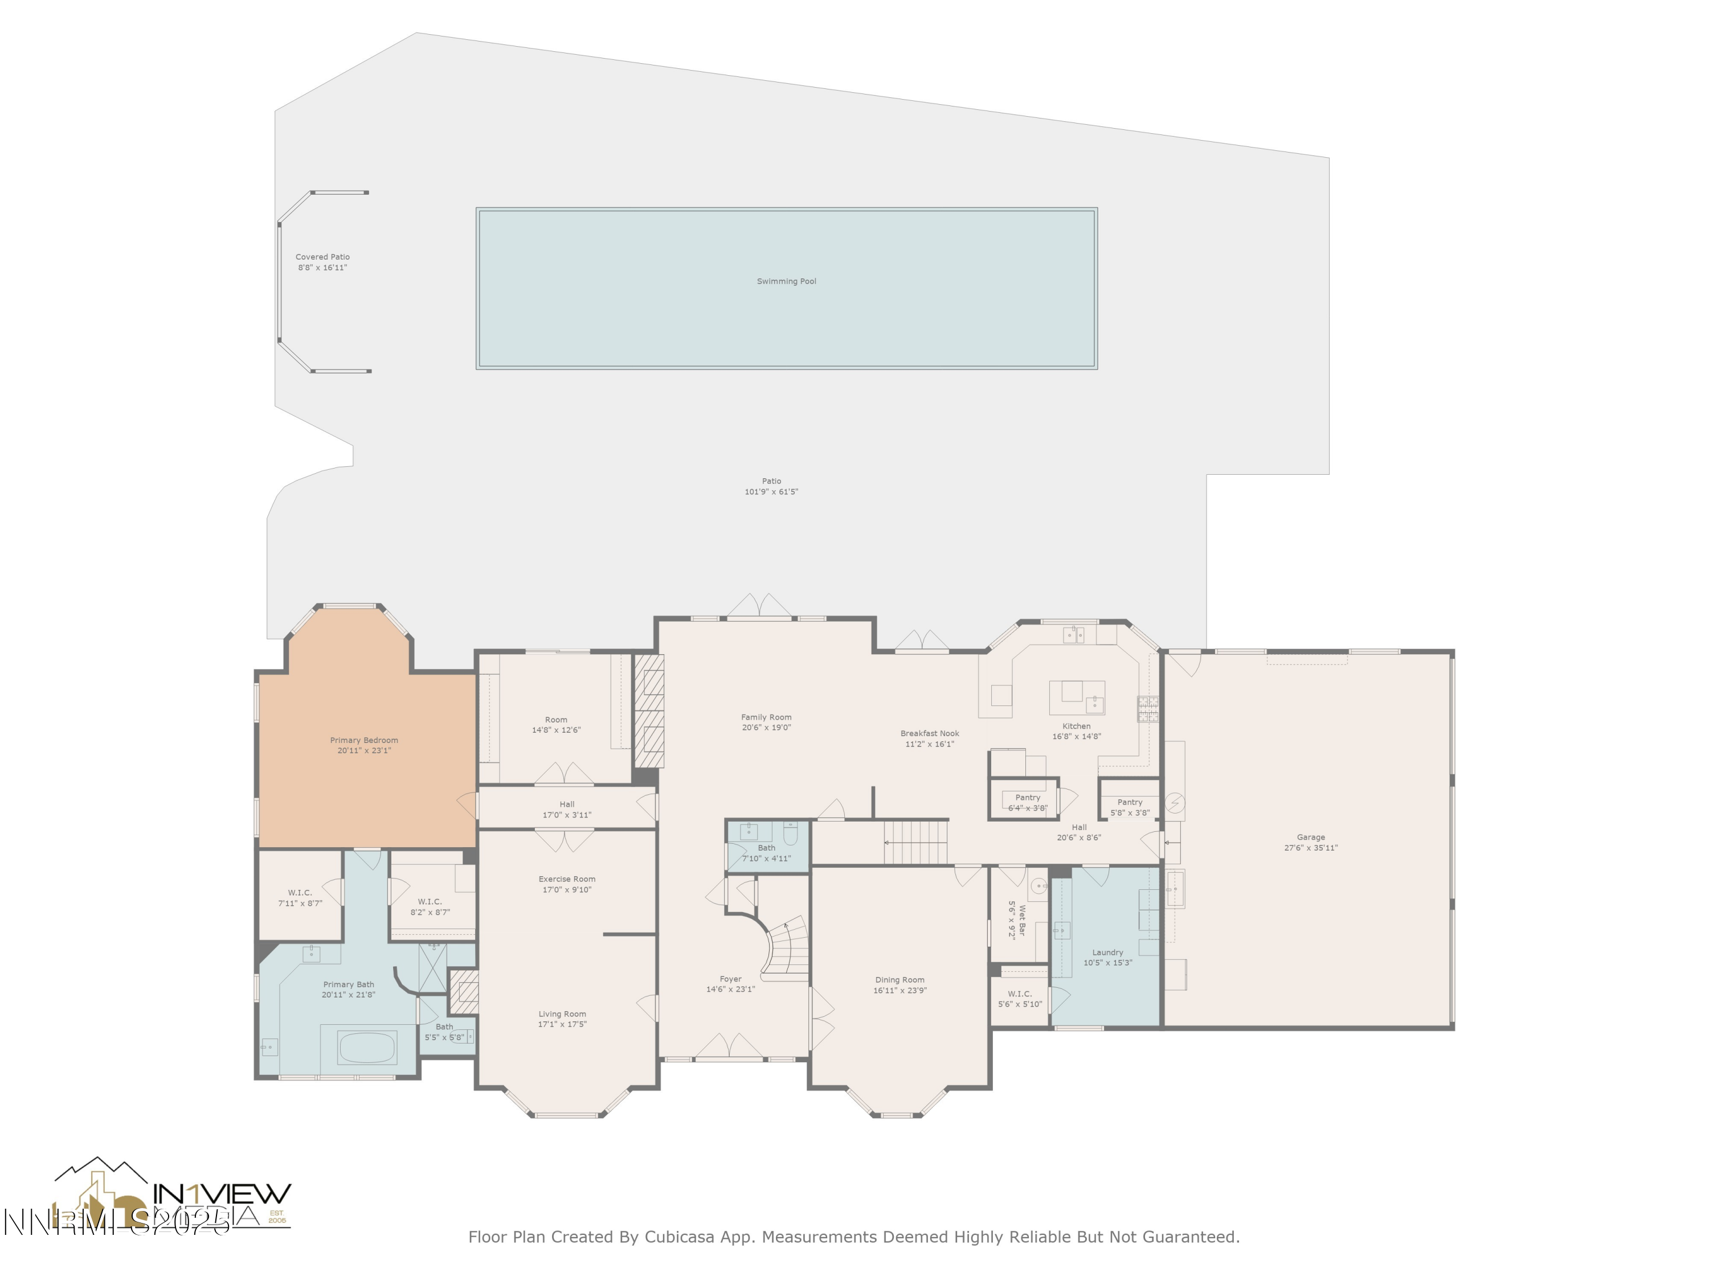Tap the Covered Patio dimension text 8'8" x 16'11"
pyautogui.click(x=322, y=268)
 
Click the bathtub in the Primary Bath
pyautogui.click(x=367, y=1048)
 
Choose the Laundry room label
pyautogui.click(x=1107, y=952)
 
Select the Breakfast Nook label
pyautogui.click(x=930, y=733)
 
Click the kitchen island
pyautogui.click(x=1076, y=697)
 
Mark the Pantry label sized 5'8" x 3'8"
pyautogui.click(x=1130, y=802)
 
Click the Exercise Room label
pyautogui.click(x=566, y=878)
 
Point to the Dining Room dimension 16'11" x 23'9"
pyautogui.click(x=900, y=990)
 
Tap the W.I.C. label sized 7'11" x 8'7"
pyautogui.click(x=300, y=893)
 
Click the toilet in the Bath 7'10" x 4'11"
pyautogui.click(x=790, y=834)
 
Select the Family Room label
pyautogui.click(x=766, y=717)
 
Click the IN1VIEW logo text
pyautogui.click(x=223, y=1194)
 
